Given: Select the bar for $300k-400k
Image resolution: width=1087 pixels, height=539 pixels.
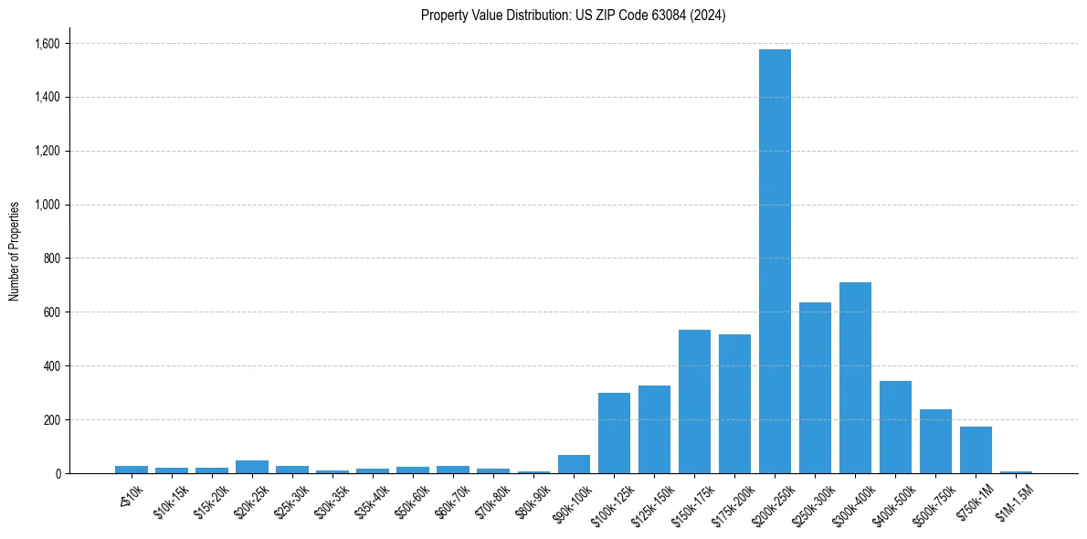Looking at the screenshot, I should [x=855, y=378].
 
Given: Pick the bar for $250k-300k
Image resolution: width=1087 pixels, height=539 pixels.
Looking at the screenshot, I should [x=815, y=388].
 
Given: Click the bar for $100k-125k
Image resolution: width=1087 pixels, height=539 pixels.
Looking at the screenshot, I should [x=614, y=433].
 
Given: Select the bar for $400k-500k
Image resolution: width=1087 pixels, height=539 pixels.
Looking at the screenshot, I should [x=895, y=428].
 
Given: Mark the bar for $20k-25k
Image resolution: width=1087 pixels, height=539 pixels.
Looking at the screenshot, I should [x=252, y=467].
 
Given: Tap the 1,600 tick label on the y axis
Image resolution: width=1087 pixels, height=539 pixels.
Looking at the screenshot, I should [x=47, y=44].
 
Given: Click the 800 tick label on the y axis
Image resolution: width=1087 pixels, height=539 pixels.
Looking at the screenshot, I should [x=51, y=259].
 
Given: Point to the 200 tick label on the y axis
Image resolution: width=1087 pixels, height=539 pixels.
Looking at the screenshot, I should [x=51, y=420].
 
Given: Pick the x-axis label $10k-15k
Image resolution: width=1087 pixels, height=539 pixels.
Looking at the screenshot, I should [x=171, y=502].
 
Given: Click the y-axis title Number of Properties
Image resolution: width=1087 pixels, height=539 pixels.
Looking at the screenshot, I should [x=15, y=250].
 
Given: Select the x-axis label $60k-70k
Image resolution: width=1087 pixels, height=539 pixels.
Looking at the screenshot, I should [x=452, y=502].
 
